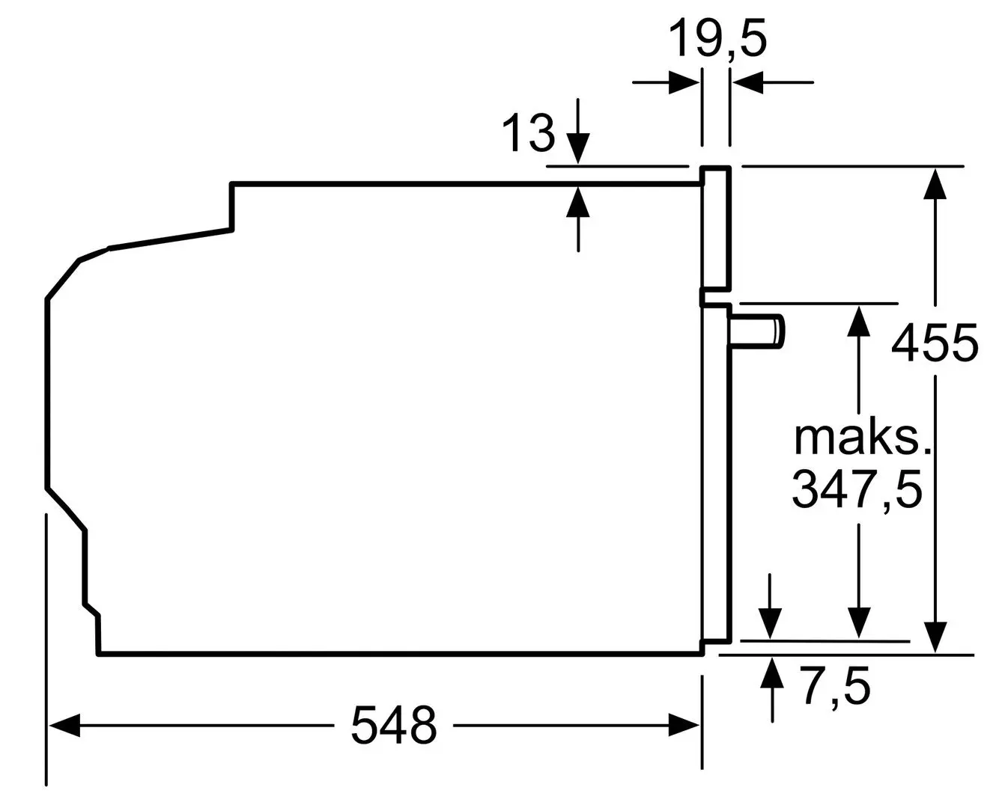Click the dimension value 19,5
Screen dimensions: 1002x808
pyautogui.click(x=717, y=40)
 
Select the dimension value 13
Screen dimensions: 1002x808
pyautogui.click(x=528, y=133)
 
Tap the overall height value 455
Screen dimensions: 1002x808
pyautogui.click(x=935, y=343)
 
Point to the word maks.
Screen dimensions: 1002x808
pyautogui.click(x=862, y=438)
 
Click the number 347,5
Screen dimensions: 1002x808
pyautogui.click(x=857, y=489)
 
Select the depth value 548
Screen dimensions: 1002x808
pyautogui.click(x=394, y=724)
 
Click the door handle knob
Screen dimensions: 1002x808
pyautogui.click(x=756, y=331)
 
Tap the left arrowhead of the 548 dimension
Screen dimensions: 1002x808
pyautogui.click(x=64, y=725)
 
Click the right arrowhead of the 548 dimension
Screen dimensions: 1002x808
pyautogui.click(x=684, y=725)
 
